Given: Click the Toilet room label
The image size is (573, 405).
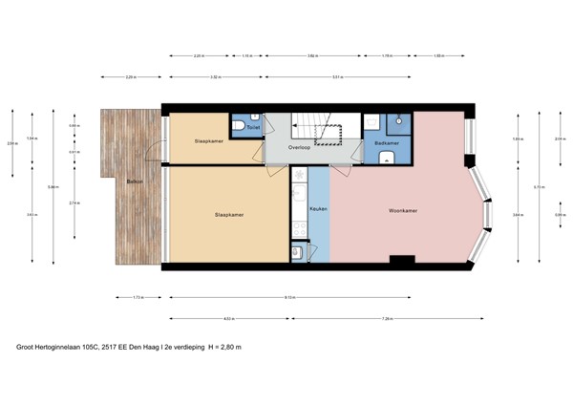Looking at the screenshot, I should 253,126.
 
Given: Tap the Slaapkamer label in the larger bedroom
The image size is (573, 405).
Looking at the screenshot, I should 229,215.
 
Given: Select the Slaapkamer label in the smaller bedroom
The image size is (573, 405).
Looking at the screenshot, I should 209,141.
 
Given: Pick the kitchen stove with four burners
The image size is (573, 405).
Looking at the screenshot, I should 299,229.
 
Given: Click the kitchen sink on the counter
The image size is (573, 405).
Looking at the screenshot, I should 298,252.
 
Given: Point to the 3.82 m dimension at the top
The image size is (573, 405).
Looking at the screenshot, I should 313,55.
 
